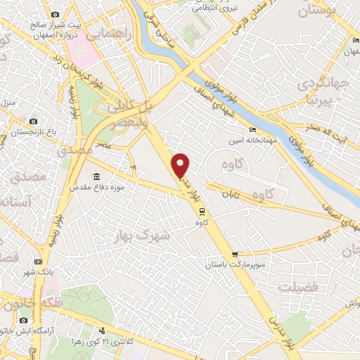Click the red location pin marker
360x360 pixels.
point(181,165)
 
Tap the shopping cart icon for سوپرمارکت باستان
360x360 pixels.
point(235,254)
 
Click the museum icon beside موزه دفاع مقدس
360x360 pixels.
point(97,176)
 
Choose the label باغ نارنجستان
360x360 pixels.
point(32,130)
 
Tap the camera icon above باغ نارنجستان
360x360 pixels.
point(32,120)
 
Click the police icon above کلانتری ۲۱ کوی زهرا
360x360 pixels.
point(103,331)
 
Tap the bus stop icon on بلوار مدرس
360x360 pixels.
point(202,210)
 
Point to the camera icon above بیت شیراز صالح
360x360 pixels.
point(55,15)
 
